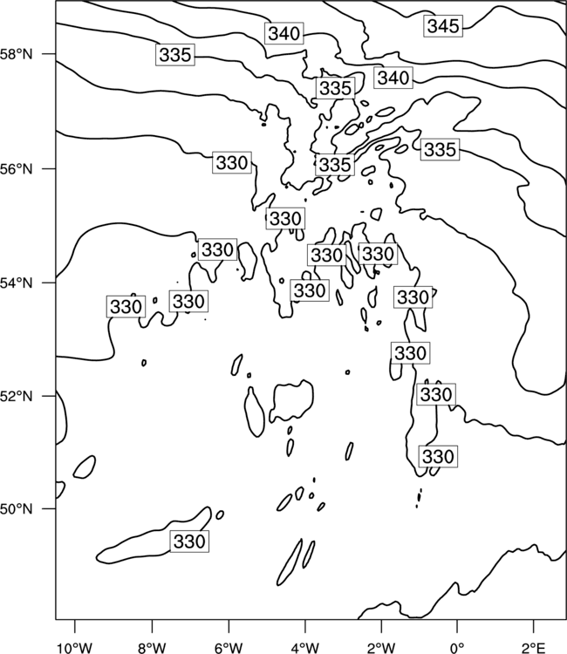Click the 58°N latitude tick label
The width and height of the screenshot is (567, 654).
point(16,54)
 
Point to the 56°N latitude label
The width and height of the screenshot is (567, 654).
point(16,169)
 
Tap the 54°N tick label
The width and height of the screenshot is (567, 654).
point(16,283)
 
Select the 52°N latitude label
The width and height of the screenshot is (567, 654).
point(16,396)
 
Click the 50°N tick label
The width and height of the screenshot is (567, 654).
point(16,509)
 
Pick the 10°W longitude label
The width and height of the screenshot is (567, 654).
point(75,648)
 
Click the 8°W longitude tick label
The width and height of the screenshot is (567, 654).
point(152,648)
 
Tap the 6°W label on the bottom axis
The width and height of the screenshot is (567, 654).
point(229,648)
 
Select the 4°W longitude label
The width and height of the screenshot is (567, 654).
point(304,648)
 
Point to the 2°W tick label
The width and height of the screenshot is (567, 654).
point(381,648)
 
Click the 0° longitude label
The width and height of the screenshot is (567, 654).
point(457,648)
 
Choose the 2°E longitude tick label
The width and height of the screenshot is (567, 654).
point(534,648)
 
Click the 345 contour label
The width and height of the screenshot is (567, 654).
point(443,26)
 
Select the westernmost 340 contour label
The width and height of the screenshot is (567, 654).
point(284,33)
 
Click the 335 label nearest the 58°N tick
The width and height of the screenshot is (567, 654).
point(175,55)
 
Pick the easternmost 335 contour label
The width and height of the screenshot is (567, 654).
point(440,149)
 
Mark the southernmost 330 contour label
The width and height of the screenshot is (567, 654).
point(189,542)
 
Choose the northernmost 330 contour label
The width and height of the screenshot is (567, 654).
point(232,162)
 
